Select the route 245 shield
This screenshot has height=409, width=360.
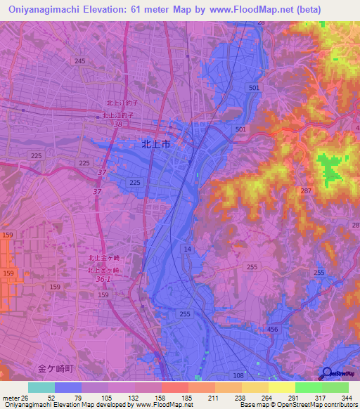click(x=79, y=62)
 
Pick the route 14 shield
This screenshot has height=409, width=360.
click(x=187, y=249)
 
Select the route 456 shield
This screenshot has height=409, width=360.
click(x=274, y=329)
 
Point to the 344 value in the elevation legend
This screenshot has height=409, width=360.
click(x=345, y=398)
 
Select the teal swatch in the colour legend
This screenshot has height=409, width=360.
click(x=41, y=388)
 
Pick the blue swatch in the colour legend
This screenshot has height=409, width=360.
click(x=68, y=388)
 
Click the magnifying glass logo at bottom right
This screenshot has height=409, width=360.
click(x=326, y=374)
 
